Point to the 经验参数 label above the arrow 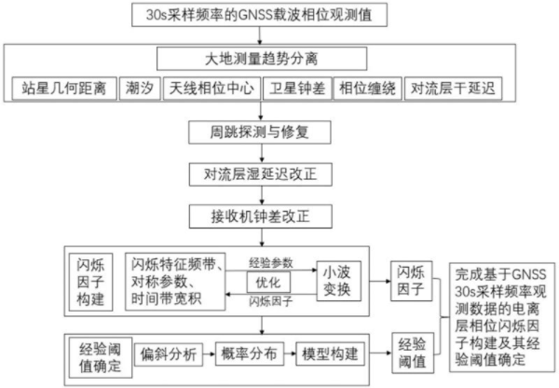tap(271, 261)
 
